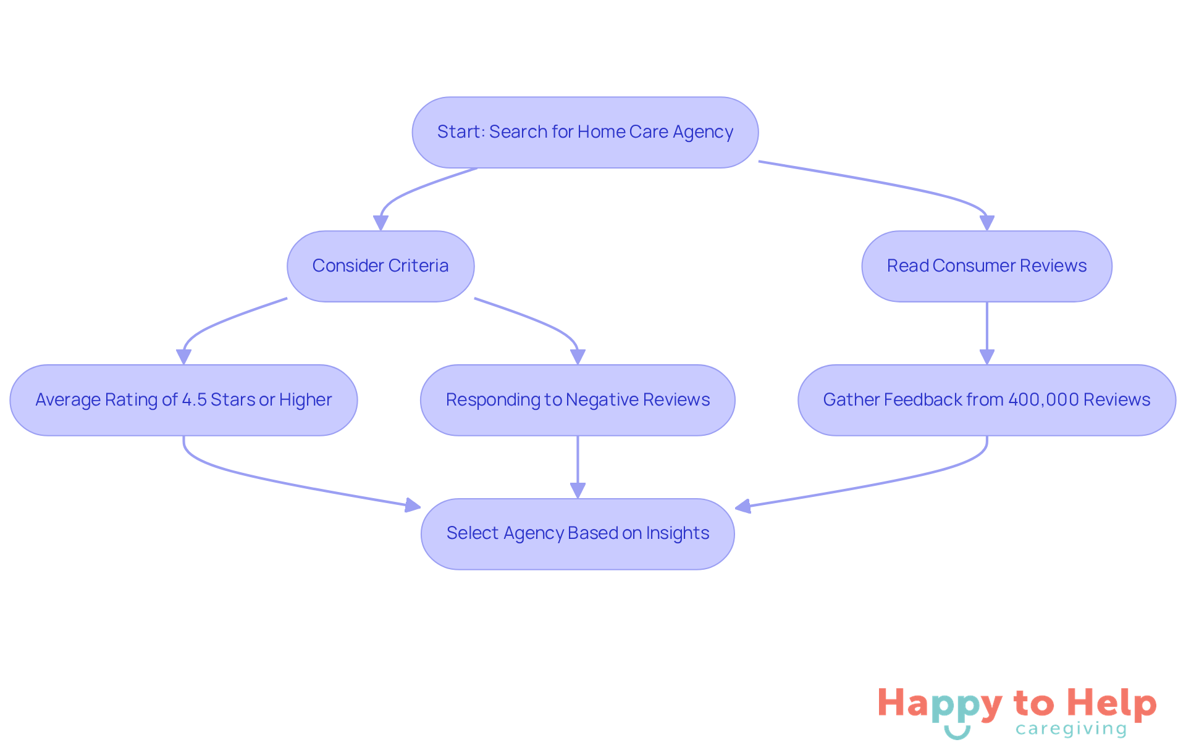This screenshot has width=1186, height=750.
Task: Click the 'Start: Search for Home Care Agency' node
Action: click(585, 132)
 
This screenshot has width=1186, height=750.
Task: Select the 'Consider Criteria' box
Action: click(381, 266)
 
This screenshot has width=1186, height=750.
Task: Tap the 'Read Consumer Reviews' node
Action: click(986, 266)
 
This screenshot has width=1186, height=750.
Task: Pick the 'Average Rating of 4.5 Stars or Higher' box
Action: click(183, 400)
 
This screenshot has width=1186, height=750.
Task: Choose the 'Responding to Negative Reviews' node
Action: click(578, 400)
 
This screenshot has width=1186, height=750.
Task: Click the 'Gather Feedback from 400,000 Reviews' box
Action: click(986, 400)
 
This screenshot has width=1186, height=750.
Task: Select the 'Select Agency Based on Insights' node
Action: click(578, 533)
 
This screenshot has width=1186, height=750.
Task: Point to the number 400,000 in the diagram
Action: click(1043, 400)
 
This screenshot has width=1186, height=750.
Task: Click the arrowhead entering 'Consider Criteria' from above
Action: click(381, 223)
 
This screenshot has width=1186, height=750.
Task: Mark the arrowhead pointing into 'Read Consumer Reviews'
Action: click(986, 223)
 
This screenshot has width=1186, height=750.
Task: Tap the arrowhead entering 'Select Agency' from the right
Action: click(743, 507)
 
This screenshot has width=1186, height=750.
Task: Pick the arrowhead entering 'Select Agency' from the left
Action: click(412, 506)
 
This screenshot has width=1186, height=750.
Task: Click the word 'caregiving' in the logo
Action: click(1071, 729)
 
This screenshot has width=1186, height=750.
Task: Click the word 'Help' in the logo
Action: click(1112, 703)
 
